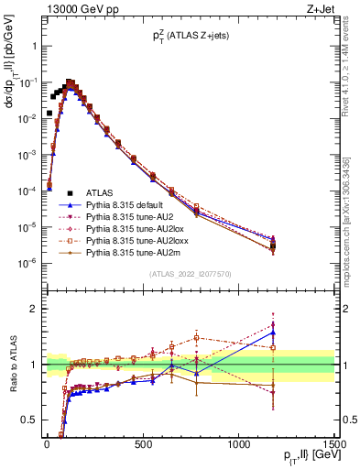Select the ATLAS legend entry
[100, 192]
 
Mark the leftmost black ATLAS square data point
[49, 114]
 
